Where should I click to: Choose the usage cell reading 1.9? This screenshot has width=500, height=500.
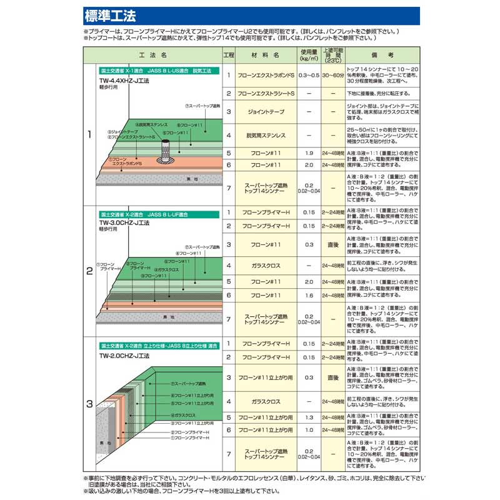tap(308, 152)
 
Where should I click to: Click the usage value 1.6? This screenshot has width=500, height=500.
tap(308, 295)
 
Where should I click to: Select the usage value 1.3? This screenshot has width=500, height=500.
tap(308, 417)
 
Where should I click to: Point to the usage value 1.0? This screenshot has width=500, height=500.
tap(308, 430)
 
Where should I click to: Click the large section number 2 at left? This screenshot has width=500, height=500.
tap(89, 271)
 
